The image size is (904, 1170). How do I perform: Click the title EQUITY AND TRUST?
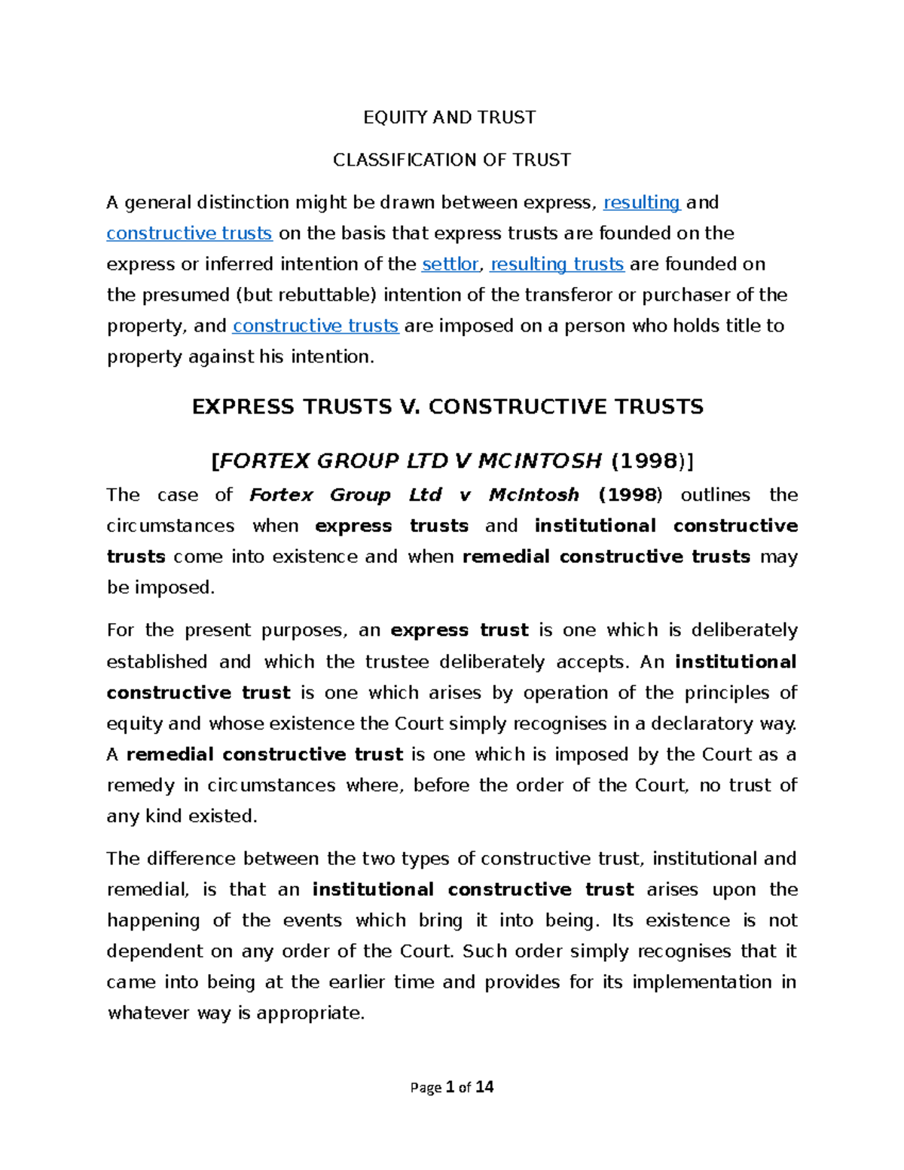[450, 118]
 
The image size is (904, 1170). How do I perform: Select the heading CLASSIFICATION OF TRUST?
[452, 160]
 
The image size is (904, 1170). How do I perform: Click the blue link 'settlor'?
[450, 264]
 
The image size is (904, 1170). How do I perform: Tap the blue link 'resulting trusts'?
[557, 264]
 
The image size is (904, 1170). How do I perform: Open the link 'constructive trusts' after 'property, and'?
[316, 326]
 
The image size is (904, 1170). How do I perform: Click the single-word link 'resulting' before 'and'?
[642, 203]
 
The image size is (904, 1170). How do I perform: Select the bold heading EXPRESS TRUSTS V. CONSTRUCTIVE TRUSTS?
[447, 407]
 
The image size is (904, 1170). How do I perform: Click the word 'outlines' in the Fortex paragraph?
[715, 495]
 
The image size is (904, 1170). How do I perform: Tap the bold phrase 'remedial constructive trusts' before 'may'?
[606, 557]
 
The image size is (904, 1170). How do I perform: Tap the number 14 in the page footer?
[484, 1087]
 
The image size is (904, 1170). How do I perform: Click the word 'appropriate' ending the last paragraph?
[310, 1013]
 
